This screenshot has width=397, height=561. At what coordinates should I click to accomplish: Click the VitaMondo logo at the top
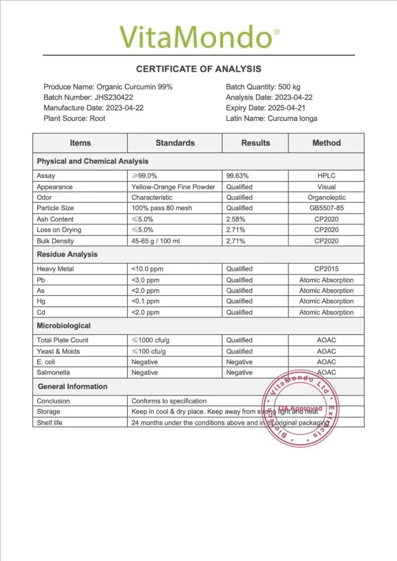tap(199, 37)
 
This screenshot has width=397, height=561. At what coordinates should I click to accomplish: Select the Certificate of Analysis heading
tap(198, 69)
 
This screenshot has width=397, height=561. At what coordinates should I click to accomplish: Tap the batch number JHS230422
tap(114, 97)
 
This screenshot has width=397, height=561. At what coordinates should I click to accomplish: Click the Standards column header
tap(175, 143)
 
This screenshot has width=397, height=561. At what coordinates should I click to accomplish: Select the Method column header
tap(326, 143)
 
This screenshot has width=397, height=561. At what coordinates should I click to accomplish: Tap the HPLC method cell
tap(326, 176)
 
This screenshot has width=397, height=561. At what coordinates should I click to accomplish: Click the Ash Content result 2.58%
tap(237, 219)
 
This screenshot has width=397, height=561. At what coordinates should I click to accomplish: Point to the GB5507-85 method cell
tap(326, 208)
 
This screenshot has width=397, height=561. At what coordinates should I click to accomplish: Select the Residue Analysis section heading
tap(67, 254)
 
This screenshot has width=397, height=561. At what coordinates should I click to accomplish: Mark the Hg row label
tap(41, 301)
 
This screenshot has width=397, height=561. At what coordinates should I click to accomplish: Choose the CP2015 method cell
tap(326, 269)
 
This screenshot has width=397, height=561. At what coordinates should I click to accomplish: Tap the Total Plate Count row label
tap(63, 340)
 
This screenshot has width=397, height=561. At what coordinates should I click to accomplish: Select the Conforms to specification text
tap(169, 401)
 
